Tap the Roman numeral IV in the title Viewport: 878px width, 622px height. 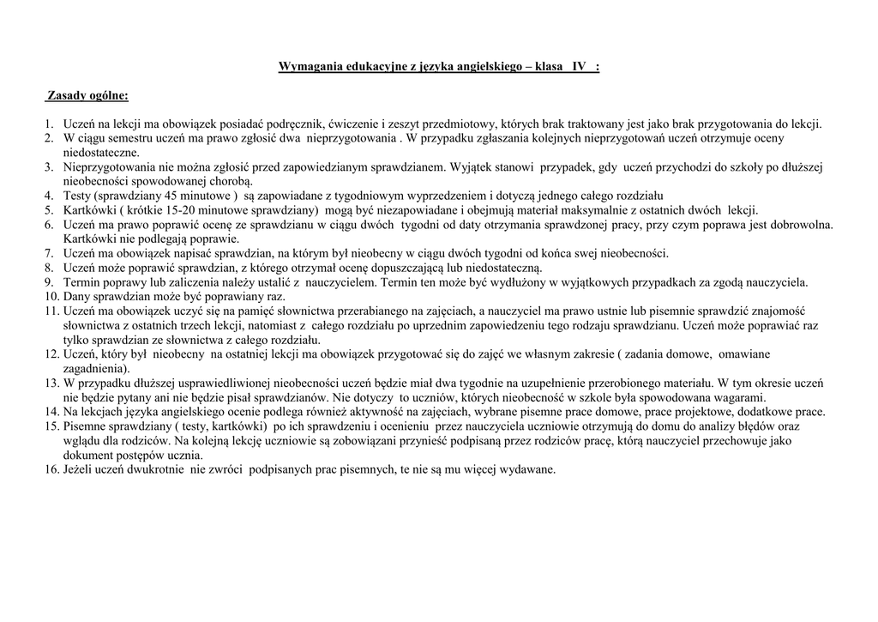point(580,67)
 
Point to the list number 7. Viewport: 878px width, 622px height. point(50,253)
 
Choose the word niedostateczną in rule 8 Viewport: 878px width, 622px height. point(491,268)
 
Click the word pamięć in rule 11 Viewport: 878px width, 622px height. point(255,311)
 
